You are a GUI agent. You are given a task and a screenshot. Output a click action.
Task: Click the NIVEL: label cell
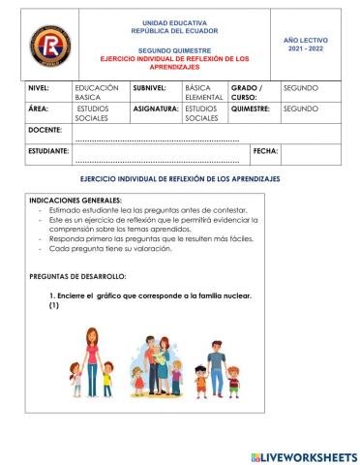[x=43, y=87]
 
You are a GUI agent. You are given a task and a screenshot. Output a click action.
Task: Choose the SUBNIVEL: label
[x=150, y=87]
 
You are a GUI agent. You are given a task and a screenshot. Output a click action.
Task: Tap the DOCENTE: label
[x=47, y=130]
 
